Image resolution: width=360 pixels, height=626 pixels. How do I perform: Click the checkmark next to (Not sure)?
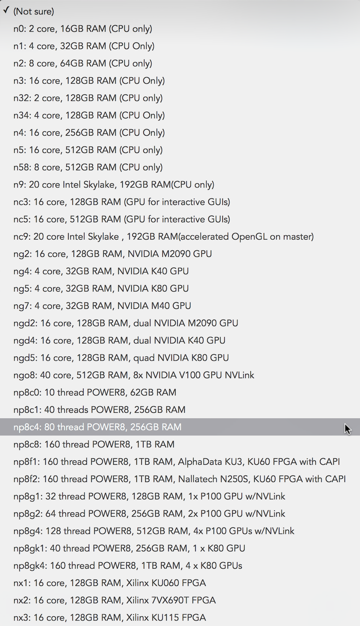6,10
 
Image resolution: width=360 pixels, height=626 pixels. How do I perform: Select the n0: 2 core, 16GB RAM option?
83,29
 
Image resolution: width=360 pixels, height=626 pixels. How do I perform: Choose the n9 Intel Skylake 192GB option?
114,185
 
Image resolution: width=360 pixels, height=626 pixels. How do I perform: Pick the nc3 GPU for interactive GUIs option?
121,202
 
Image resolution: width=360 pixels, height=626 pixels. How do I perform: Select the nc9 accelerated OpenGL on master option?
163,237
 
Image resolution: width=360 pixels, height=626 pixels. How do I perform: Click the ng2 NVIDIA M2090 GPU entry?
112,254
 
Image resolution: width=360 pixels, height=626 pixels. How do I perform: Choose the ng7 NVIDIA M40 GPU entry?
102,306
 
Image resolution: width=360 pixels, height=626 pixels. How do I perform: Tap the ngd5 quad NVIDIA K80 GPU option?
121,358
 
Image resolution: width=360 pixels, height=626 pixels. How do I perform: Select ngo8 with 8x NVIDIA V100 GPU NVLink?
134,375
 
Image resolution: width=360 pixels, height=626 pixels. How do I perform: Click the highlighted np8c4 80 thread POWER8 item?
97,427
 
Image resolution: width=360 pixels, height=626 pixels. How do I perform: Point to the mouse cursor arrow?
347,429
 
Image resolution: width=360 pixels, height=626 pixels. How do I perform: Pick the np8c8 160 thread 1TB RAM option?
94,445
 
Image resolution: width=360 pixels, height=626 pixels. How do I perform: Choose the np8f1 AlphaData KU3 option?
177,462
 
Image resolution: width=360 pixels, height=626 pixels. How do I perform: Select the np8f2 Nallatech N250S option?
180,479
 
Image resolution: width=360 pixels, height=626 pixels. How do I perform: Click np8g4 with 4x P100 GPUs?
154,531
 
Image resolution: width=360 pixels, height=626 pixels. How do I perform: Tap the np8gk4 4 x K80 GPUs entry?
128,566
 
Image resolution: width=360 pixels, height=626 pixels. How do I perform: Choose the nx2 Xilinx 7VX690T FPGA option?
115,601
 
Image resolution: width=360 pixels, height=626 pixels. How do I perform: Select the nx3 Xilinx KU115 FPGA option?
109,618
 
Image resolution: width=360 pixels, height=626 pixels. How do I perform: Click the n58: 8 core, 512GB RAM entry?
88,168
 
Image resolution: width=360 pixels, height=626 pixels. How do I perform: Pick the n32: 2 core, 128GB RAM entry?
88,98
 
